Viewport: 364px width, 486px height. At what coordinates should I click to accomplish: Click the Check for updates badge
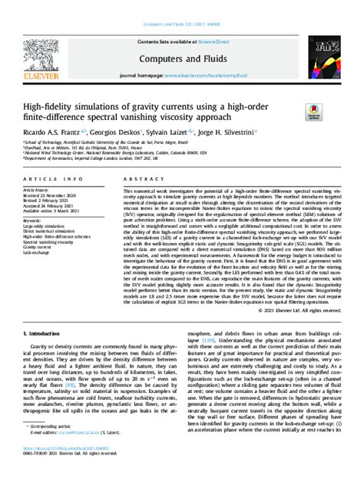click(315, 112)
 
